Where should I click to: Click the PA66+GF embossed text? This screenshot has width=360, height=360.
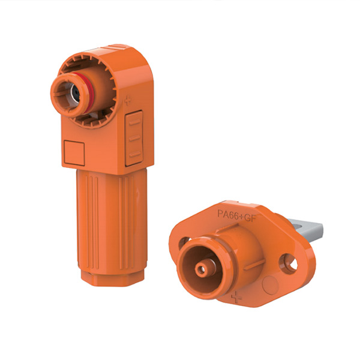click(x=236, y=215)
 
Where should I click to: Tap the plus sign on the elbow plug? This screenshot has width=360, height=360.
click(x=128, y=101)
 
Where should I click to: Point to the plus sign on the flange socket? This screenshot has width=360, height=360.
click(x=236, y=297)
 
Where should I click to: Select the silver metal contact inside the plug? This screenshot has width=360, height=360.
click(x=75, y=93)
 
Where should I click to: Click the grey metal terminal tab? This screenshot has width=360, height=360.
click(x=308, y=230)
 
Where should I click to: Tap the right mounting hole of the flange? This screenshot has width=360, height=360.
click(x=289, y=264)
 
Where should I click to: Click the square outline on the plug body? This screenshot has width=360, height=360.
click(x=74, y=153)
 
